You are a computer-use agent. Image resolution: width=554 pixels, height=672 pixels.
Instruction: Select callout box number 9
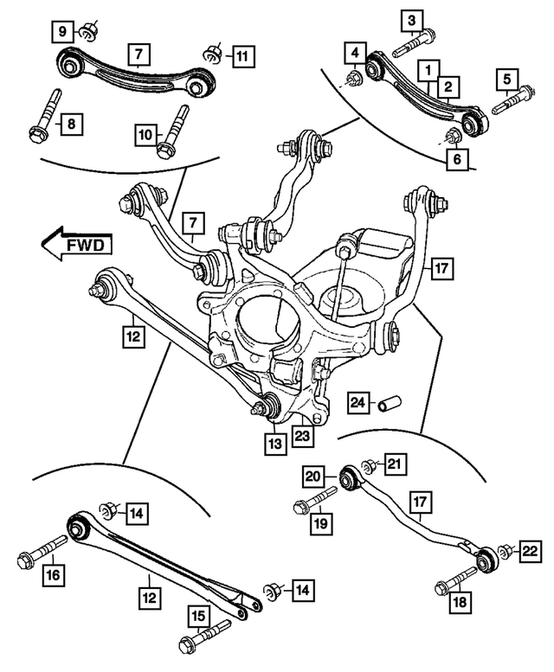[63, 32]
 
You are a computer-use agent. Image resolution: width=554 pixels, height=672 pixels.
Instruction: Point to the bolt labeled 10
[172, 129]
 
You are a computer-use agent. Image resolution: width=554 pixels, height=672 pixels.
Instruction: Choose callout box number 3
[412, 18]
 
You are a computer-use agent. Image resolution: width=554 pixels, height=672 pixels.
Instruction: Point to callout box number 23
[301, 436]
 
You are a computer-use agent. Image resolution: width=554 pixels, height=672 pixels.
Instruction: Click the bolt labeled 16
[41, 552]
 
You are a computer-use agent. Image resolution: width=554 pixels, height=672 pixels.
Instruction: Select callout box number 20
[312, 474]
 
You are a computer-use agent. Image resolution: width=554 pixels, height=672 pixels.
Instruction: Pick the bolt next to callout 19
[316, 500]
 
